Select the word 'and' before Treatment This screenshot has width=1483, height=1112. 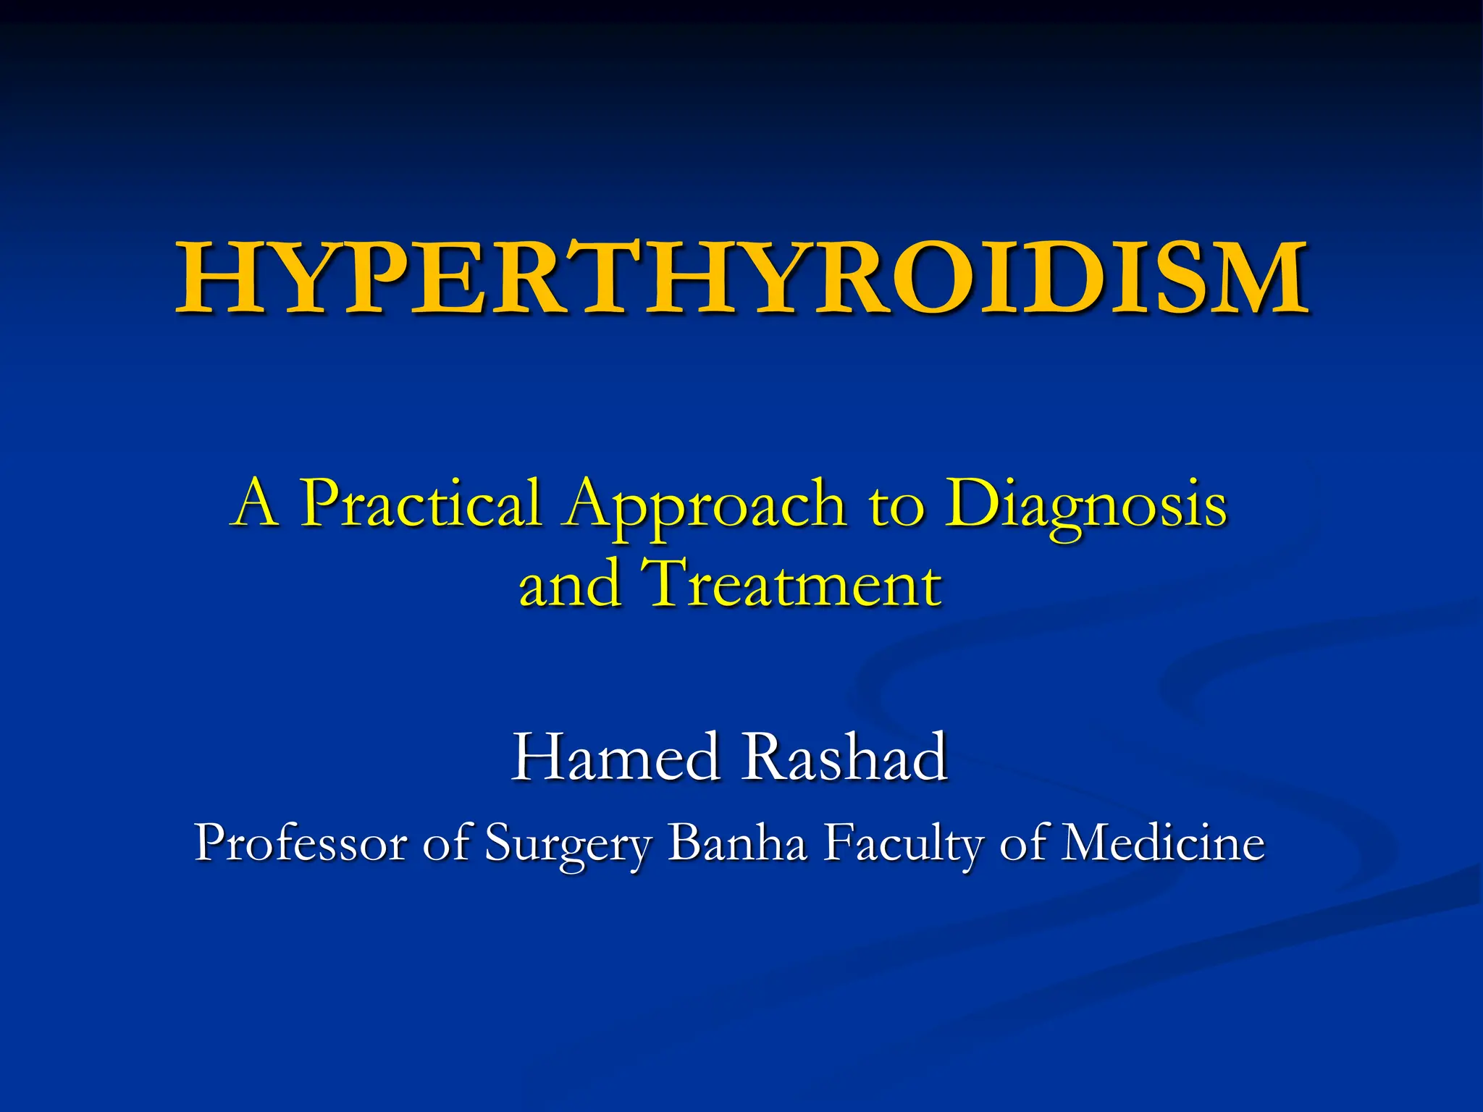571,585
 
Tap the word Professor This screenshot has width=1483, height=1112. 300,843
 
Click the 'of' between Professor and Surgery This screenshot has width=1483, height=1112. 446,843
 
